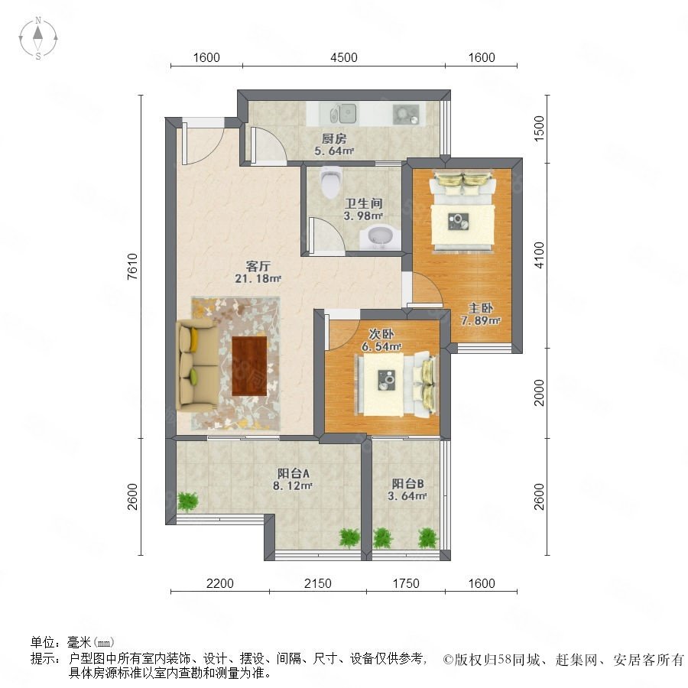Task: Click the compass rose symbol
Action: [x=38, y=38]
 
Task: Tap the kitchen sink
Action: [x=343, y=114]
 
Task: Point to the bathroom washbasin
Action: [x=381, y=239]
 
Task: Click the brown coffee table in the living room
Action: [x=249, y=365]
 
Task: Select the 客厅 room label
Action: [x=258, y=266]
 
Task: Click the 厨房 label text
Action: [x=334, y=139]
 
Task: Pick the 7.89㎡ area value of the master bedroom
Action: [x=481, y=321]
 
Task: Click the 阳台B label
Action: [x=407, y=484]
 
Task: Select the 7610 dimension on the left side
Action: [x=132, y=266]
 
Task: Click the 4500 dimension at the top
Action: [x=343, y=57]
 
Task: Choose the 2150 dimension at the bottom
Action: [x=318, y=583]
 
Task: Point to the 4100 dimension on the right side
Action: [x=539, y=255]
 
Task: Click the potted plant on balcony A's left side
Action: [x=187, y=501]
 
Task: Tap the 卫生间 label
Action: [x=363, y=203]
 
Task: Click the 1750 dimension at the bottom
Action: [x=406, y=583]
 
